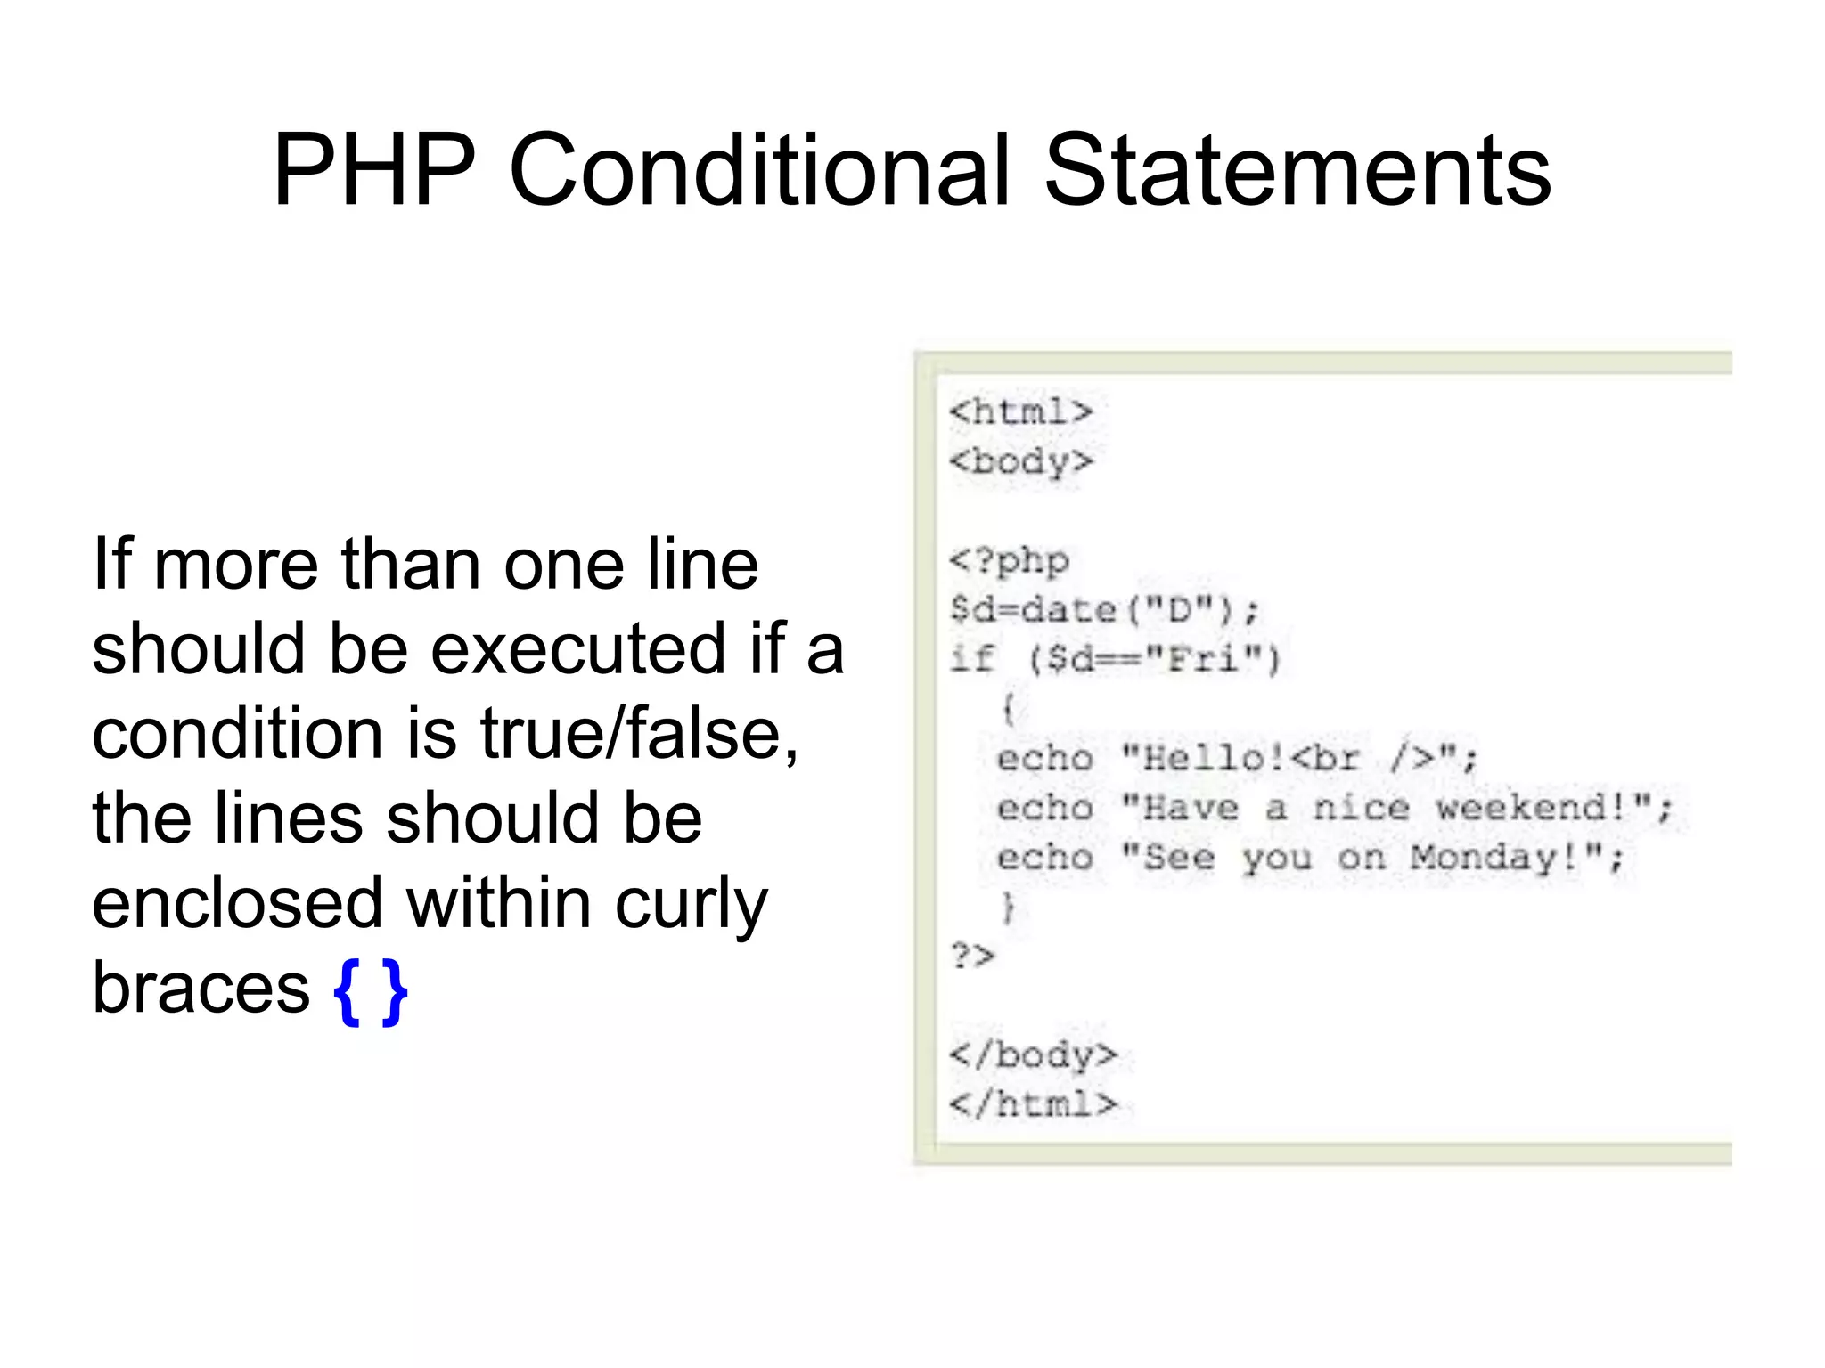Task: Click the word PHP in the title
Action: pyautogui.click(x=374, y=170)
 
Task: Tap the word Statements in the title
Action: pyautogui.click(x=1297, y=170)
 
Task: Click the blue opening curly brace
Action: pyautogui.click(x=346, y=991)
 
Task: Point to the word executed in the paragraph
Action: pyautogui.click(x=579, y=648)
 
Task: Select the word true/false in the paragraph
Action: pyautogui.click(x=639, y=733)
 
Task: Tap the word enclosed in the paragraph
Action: pyautogui.click(x=237, y=903)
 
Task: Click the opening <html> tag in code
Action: pyautogui.click(x=1020, y=411)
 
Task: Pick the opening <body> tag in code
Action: pyautogui.click(x=1020, y=461)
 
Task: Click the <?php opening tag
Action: pyautogui.click(x=1009, y=561)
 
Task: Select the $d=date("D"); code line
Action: pyautogui.click(x=1104, y=610)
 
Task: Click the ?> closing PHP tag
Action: pyautogui.click(x=972, y=956)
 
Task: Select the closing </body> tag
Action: pyautogui.click(x=1032, y=1054)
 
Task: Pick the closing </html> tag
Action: pyautogui.click(x=1032, y=1104)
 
